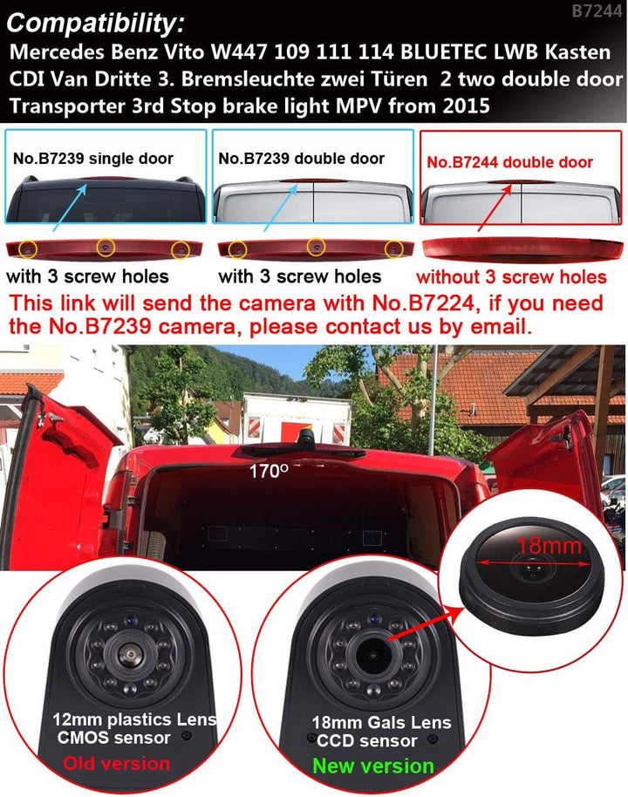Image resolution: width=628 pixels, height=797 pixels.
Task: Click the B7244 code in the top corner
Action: pos(597,10)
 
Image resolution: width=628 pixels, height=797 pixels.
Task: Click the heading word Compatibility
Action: pos(96,24)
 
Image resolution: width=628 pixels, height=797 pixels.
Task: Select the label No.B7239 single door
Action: pos(93,159)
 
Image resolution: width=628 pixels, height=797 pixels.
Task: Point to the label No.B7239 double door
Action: pos(301,159)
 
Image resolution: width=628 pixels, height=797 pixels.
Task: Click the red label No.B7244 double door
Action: pos(509,162)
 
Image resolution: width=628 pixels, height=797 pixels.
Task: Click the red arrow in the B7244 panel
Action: pos(495,209)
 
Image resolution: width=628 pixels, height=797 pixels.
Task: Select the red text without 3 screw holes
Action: pos(511,277)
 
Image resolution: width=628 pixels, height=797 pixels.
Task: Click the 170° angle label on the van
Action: pos(269,471)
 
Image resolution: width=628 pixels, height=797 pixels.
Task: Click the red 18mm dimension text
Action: pos(549,546)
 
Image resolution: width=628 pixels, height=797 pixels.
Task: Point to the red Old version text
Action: pos(117,764)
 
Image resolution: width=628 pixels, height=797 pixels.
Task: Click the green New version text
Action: pos(373,766)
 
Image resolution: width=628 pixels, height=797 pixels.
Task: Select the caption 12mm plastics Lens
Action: pos(134,719)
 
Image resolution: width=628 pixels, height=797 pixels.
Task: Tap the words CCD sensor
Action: pos(366,740)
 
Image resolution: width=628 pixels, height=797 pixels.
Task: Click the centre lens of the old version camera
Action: pos(129,654)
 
